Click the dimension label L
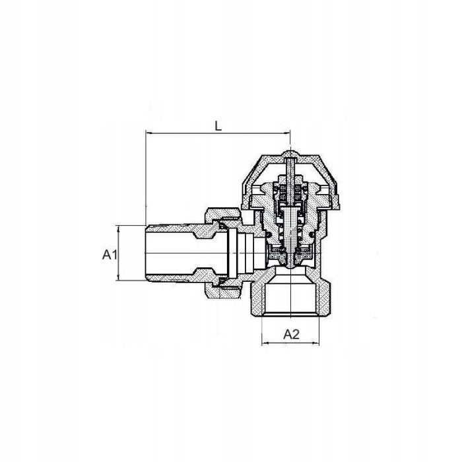coord(218,126)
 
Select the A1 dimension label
coord(110,255)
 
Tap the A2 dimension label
coord(291,334)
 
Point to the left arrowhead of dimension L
coord(149,133)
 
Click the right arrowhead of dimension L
coord(286,133)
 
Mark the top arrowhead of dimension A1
coord(119,229)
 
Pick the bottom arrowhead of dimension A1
coord(119,277)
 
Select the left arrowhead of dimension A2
coord(265,343)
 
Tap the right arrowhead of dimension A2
coord(315,343)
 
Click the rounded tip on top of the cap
coord(290,154)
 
